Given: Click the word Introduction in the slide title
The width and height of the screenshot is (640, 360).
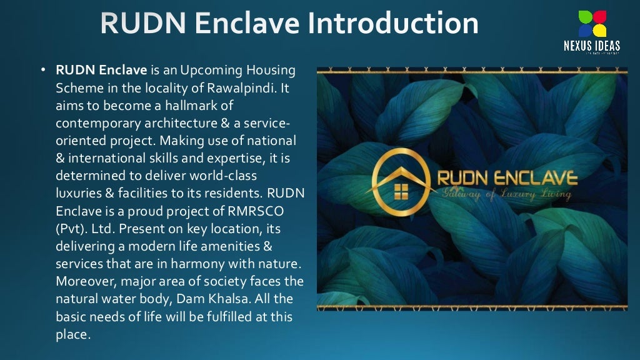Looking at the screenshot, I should (x=394, y=23).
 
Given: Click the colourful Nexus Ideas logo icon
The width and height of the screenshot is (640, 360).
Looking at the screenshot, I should (x=591, y=24).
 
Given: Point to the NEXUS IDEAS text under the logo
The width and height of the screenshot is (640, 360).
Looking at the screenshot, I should (x=591, y=46).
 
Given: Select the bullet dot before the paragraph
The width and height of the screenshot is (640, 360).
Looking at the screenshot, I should (x=44, y=71).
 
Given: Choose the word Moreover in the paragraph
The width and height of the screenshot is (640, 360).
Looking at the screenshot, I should (x=84, y=281).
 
